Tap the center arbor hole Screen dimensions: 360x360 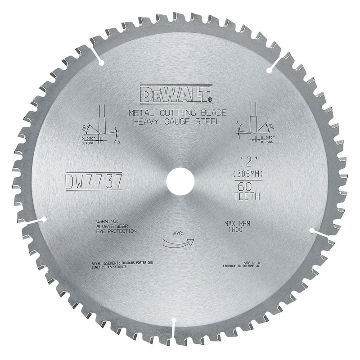[x=180, y=180]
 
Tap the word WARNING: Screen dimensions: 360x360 [x=107, y=221]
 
